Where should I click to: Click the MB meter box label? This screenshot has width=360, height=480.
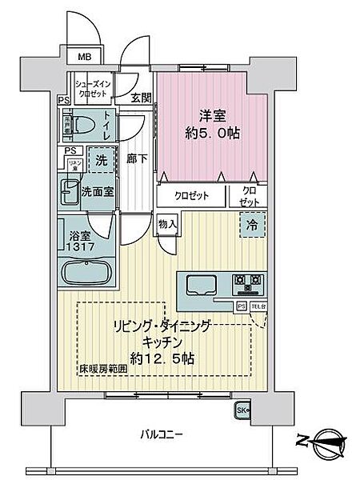84,57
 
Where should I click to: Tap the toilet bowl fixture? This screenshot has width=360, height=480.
83,125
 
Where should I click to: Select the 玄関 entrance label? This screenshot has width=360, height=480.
142,98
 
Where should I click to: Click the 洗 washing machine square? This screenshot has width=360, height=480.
102,159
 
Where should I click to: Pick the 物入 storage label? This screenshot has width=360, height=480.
166,224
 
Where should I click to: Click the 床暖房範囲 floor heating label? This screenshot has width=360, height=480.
101,370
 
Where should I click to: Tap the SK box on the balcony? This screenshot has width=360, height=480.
243,412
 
